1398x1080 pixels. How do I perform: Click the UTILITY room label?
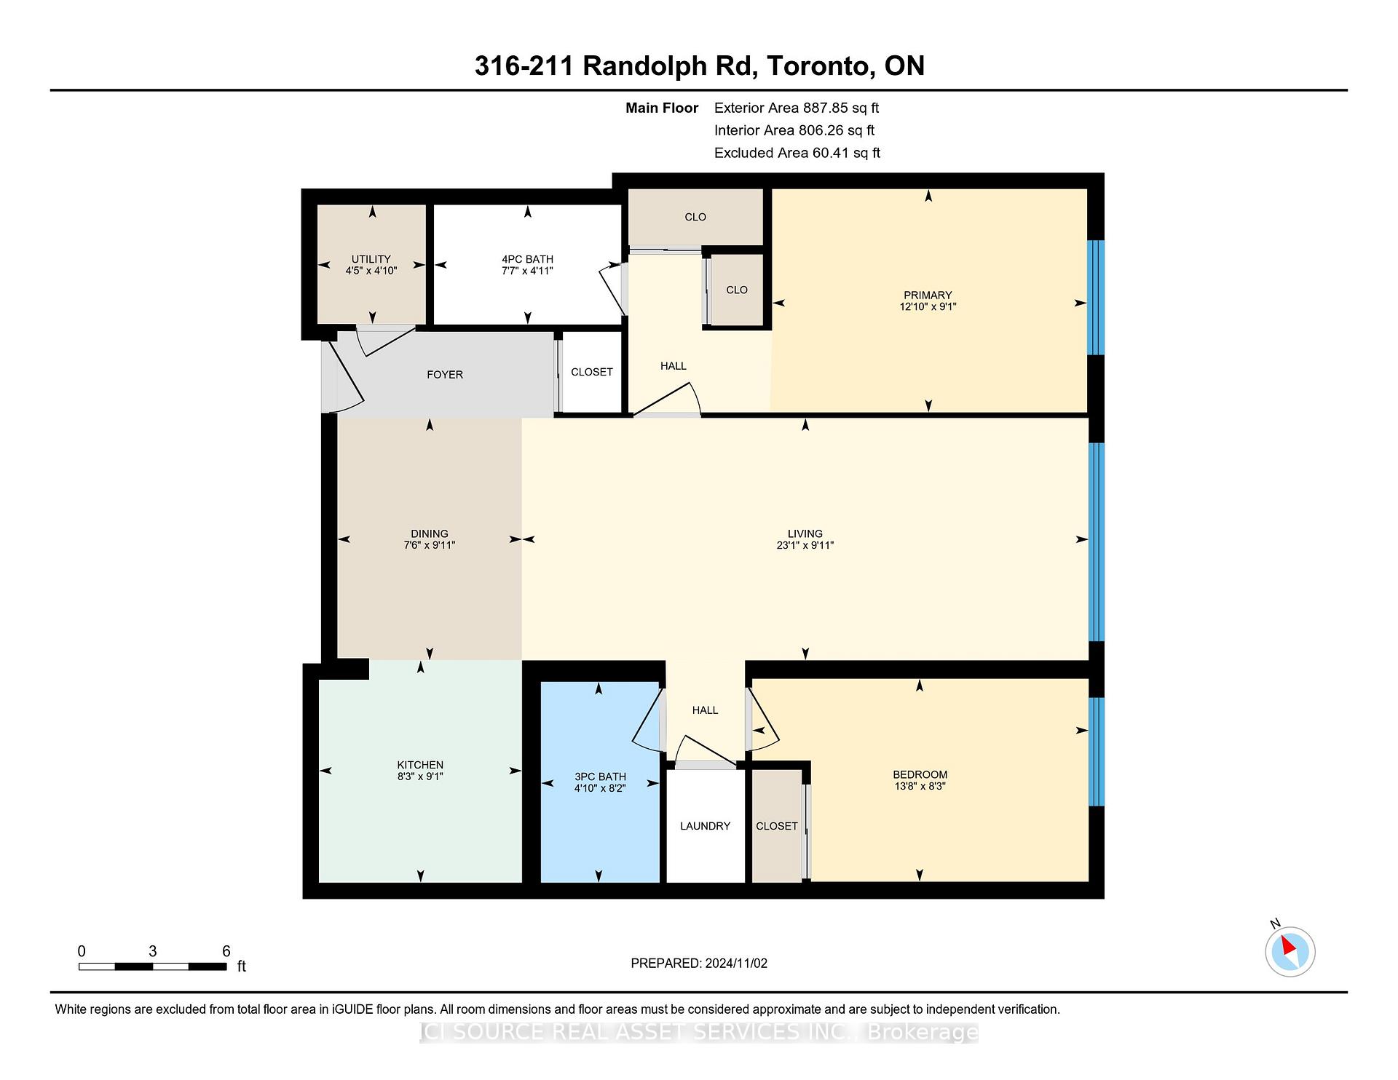(371, 259)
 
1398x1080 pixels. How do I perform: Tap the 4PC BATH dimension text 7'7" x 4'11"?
(527, 271)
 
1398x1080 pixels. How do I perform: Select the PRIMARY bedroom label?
(928, 295)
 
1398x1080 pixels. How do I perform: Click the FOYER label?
(445, 375)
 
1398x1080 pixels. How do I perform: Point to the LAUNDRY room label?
(705, 826)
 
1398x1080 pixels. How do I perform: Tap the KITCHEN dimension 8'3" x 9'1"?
(420, 777)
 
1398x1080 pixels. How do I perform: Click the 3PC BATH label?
(600, 777)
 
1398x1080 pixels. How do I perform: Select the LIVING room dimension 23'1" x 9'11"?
(805, 545)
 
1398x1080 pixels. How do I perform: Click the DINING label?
(429, 533)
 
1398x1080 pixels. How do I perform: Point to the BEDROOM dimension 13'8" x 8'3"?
(920, 786)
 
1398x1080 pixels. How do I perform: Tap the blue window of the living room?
(1096, 541)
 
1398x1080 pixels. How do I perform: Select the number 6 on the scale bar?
(226, 951)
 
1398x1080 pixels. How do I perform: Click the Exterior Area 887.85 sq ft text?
(796, 108)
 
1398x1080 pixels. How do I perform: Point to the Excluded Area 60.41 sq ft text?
(797, 153)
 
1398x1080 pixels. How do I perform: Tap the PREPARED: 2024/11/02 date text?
(699, 963)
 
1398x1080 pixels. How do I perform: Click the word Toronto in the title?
(820, 65)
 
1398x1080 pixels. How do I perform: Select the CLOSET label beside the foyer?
(591, 372)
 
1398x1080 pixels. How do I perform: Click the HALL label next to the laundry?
(705, 710)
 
